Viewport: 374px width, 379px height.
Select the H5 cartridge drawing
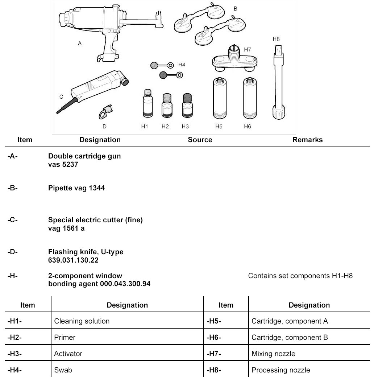coord(219,99)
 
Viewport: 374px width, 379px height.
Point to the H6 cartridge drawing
coord(248,99)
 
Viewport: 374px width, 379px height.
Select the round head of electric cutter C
coord(125,82)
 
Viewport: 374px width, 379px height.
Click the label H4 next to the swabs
coord(182,65)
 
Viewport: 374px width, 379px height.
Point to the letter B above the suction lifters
coord(235,9)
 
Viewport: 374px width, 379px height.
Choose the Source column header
coord(200,140)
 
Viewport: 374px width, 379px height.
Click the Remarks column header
coord(307,140)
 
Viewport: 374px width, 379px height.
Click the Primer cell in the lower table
coord(65,337)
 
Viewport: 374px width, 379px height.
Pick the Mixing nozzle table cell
coord(273,354)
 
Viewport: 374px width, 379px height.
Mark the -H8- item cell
coord(214,370)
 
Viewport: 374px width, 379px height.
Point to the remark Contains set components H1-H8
coord(300,276)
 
